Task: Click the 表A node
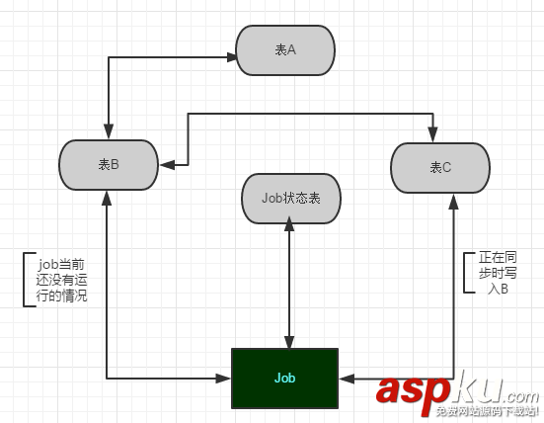tap(285, 50)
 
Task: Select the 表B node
tap(109, 165)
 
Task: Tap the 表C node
tap(440, 168)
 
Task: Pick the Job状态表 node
tap(291, 199)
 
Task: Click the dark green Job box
tap(285, 379)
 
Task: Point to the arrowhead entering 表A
tap(232, 57)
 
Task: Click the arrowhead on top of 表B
tap(109, 131)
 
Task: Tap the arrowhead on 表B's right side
tap(167, 165)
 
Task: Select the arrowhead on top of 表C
tap(432, 134)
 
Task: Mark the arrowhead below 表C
tap(453, 202)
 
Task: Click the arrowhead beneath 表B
tap(107, 198)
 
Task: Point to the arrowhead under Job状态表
tap(289, 223)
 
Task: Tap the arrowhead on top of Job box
tap(289, 342)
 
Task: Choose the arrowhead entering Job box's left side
tap(223, 379)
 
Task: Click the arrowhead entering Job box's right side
tap(347, 379)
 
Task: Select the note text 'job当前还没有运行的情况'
tap(61, 280)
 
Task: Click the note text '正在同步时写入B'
tap(498, 273)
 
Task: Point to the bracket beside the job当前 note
tap(24, 280)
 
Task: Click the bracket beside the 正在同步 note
tap(465, 273)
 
